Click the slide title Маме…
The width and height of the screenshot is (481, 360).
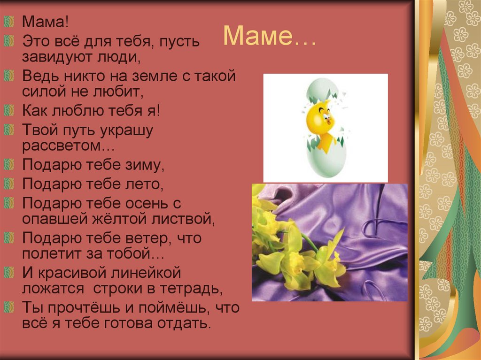pos(270,36)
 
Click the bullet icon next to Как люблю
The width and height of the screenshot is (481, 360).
pos(9,111)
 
